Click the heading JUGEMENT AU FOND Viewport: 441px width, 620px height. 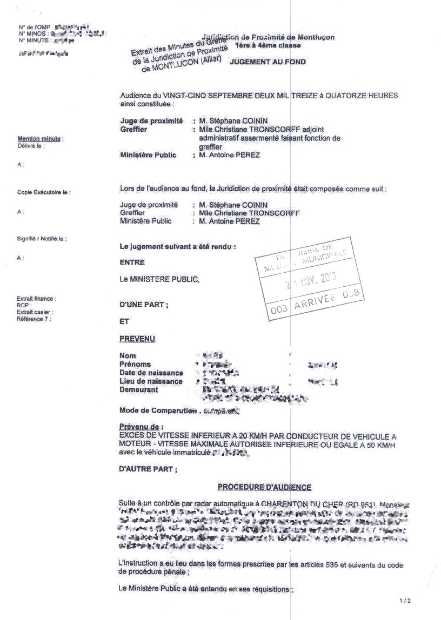(268, 62)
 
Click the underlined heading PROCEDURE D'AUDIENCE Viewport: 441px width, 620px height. (264, 487)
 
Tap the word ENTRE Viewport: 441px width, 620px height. (130, 262)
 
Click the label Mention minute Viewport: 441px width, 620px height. (39, 139)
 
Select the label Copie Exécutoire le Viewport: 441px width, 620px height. (44, 192)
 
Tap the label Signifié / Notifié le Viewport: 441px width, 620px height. (45, 238)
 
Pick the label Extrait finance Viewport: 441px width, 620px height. (36, 299)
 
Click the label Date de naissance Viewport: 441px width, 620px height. (151, 373)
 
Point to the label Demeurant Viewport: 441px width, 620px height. (139, 389)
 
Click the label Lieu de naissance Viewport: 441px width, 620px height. (151, 381)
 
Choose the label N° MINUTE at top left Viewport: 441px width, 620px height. (34, 41)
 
